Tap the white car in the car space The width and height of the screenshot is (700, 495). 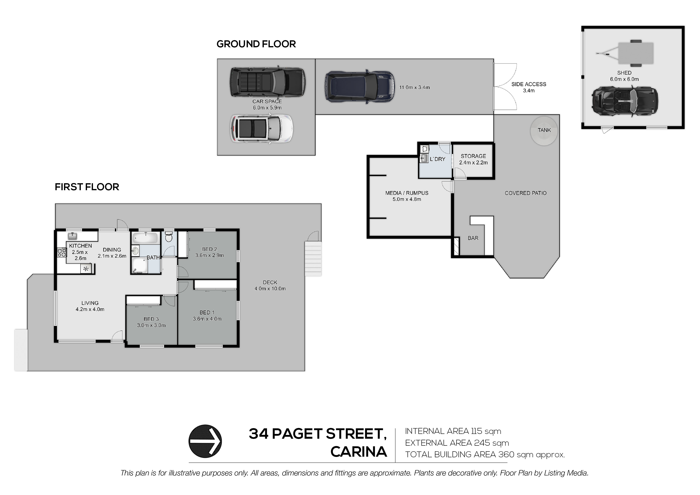coord(262,128)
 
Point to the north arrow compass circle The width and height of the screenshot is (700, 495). coord(205,441)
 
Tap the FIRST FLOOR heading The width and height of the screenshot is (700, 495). coord(87,187)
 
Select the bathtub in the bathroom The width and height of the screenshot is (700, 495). coord(145,238)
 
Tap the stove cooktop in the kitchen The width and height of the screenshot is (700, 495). coord(62,253)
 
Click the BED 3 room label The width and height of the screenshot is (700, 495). coord(151,319)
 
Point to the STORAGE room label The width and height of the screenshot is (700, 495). coord(473,156)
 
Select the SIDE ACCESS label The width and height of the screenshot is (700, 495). coord(529,84)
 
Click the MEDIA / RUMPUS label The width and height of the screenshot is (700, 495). coord(407,193)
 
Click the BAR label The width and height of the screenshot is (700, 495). coord(473,238)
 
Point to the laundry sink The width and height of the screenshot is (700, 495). coord(424,158)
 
